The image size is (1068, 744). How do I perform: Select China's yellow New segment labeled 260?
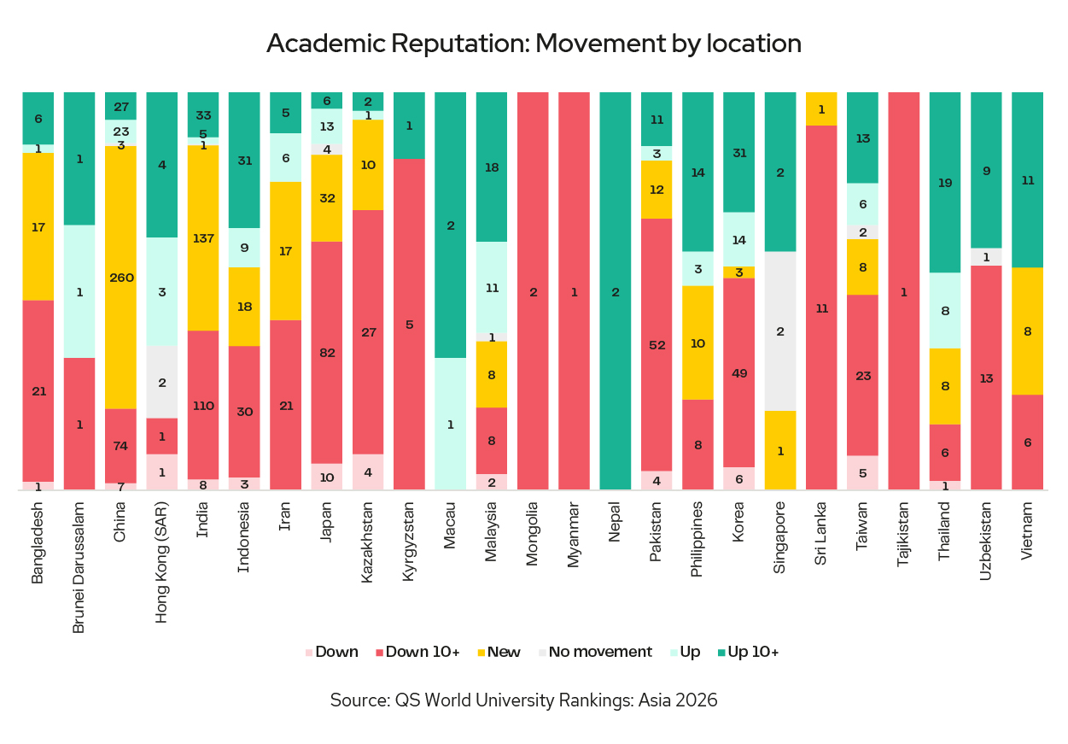pos(120,277)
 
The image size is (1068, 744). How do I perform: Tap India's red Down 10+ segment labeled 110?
pos(202,405)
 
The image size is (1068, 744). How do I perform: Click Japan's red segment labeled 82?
pos(326,352)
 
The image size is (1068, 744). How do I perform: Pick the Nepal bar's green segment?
pos(616,291)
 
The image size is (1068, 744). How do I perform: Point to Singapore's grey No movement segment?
pos(780,331)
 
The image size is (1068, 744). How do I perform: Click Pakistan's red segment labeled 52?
pos(657,344)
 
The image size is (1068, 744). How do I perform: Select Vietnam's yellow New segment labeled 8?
pos(1027,331)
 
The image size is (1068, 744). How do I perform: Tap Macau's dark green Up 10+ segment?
pos(451,226)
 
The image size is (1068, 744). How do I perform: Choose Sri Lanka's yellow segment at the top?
pos(821,108)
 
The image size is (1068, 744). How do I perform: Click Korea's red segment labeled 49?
pos(739,372)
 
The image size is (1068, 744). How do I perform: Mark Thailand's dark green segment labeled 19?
pos(944,182)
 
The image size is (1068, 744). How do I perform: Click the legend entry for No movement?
pos(594,652)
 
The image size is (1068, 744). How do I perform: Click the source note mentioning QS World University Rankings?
pos(523,700)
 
